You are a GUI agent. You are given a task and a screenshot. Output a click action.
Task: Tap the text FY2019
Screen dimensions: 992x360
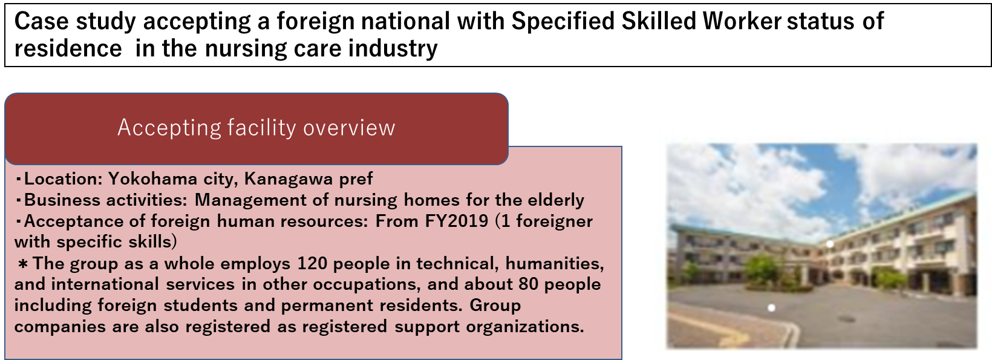[x=457, y=220]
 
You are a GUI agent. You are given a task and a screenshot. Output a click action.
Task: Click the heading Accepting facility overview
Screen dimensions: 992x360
[x=256, y=128]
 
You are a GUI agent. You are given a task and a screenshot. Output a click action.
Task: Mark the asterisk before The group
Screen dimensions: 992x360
[x=23, y=264]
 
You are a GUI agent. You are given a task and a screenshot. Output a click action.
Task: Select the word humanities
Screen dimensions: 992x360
[x=555, y=264]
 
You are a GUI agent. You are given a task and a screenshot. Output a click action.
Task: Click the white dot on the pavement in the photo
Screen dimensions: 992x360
[x=771, y=307]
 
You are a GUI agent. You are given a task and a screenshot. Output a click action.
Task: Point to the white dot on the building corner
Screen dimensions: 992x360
[x=830, y=244]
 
